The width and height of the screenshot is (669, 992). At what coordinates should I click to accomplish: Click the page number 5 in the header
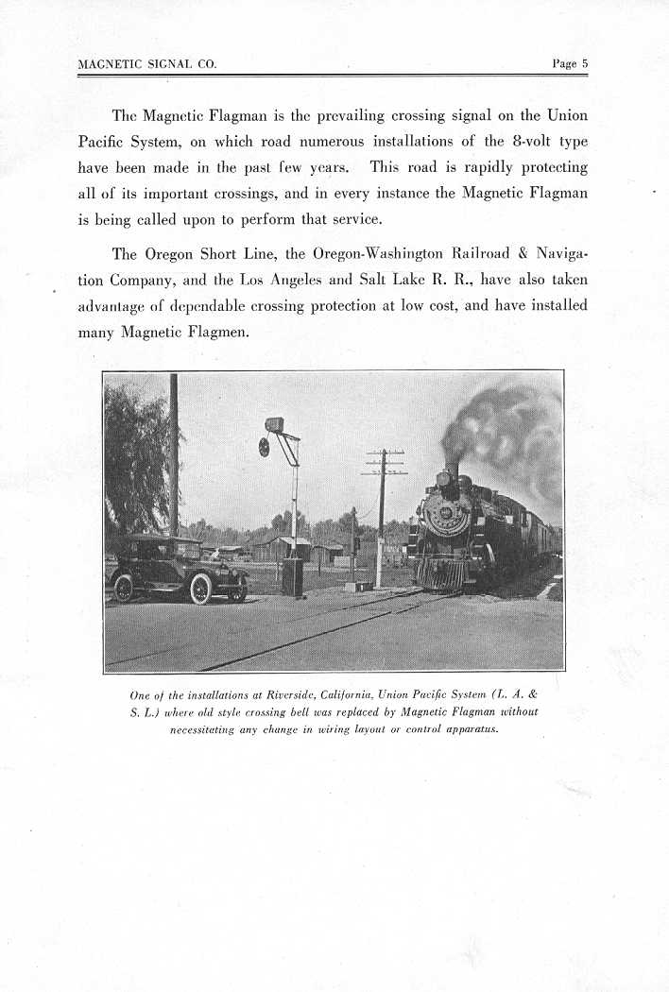pos(585,64)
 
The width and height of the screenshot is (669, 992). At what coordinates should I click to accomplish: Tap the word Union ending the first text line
pos(567,115)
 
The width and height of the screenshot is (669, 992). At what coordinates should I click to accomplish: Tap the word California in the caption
pos(386,696)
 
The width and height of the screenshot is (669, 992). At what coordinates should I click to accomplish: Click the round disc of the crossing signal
pos(264,446)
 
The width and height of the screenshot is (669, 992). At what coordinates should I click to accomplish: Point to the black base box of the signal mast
pos(293,576)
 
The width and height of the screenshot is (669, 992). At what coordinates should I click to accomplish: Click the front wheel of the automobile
pos(200,589)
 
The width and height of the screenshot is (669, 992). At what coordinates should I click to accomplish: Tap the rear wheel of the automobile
pos(124,588)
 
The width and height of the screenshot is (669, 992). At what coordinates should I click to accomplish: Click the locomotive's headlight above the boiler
pos(443,479)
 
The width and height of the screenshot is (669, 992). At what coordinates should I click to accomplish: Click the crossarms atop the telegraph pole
pos(384,463)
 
